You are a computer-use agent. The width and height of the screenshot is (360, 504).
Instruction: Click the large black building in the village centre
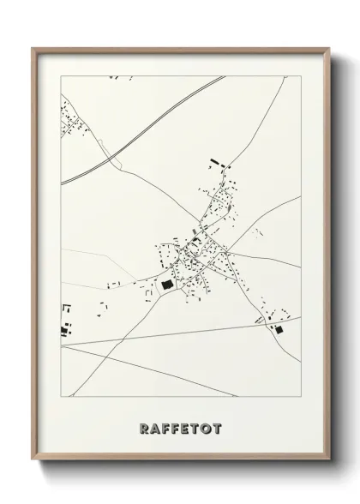click(x=167, y=282)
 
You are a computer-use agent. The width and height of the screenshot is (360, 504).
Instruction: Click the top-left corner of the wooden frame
click(x=33, y=48)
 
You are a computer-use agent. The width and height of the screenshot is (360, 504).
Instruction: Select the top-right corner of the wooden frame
click(x=329, y=48)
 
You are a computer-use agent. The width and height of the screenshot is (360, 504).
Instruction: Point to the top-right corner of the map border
click(x=301, y=75)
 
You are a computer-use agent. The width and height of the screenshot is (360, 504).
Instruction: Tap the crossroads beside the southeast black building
click(x=267, y=323)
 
